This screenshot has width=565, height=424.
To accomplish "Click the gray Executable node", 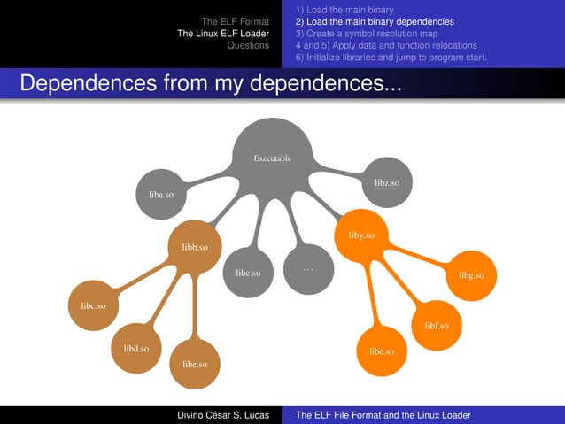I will pos(272,158).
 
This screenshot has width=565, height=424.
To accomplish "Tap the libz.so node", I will pos(386,182).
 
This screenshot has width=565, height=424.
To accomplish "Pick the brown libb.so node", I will pos(195,247).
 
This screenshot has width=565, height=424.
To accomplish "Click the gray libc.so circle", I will pos(248,273).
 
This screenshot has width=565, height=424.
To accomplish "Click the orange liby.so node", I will pos(361,235).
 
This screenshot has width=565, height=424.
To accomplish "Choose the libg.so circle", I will pos(471,275).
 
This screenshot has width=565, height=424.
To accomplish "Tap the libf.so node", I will pos(436,326).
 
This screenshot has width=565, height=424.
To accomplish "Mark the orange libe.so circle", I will pos(381,351).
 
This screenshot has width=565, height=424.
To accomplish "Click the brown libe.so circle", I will pos(195,364).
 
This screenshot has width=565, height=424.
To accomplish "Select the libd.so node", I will pos(135,349).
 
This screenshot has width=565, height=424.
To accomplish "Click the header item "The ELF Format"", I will pos(235,21).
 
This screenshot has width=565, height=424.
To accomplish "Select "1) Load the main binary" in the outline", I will pos(344,10).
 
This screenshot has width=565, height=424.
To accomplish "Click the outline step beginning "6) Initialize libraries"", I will pos(391,57).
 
